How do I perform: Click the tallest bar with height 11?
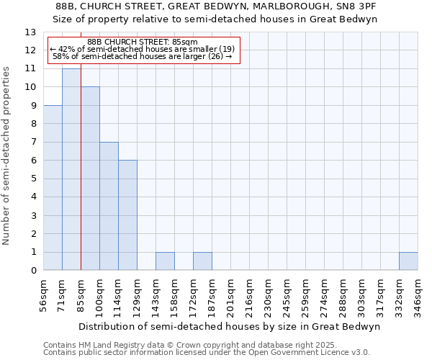point(71,169)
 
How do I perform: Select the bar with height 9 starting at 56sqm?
point(53,187)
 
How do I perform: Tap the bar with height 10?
point(90,179)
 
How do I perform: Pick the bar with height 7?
point(109,206)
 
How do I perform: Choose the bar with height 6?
point(127,215)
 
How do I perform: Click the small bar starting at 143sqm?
point(165,261)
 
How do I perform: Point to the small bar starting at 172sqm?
point(202,261)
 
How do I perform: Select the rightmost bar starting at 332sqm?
point(408,261)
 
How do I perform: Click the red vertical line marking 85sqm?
point(81,216)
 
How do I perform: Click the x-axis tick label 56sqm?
point(44,296)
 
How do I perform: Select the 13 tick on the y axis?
point(31,32)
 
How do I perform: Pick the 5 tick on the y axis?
point(33,179)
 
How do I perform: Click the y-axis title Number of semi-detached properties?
point(7,156)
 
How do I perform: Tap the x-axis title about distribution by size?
point(229,326)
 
